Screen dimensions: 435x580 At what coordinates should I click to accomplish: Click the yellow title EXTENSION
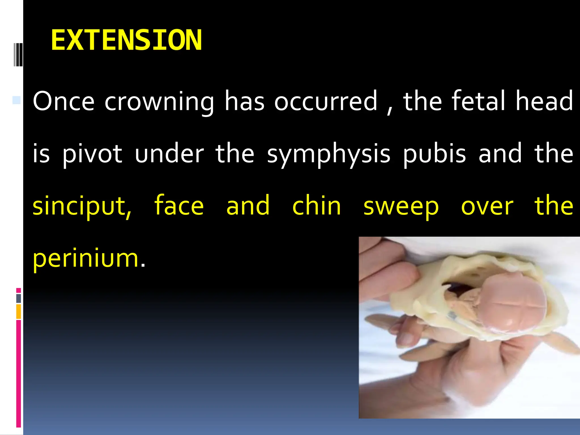126,40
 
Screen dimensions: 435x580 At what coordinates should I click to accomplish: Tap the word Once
63,101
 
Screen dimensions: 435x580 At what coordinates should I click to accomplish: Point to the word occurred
326,101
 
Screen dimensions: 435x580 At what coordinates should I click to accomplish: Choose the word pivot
92,154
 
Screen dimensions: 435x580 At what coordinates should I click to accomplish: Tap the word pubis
434,154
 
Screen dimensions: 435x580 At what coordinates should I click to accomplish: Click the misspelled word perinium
86,258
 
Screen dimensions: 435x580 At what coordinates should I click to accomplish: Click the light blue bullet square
16,100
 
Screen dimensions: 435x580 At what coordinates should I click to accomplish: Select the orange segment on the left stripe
19,312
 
